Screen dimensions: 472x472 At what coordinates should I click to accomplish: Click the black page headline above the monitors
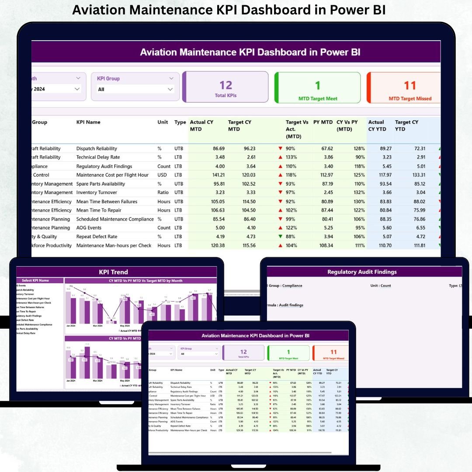click(229, 10)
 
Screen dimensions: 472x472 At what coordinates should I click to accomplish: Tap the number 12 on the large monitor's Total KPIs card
click(226, 85)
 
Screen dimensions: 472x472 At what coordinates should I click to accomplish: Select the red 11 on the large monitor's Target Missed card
click(410, 85)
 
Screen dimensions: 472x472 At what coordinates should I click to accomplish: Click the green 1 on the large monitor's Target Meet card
click(318, 85)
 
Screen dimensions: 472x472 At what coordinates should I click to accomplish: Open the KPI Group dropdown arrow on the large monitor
click(170, 89)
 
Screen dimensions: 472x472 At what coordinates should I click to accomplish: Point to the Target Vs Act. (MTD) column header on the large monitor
click(297, 129)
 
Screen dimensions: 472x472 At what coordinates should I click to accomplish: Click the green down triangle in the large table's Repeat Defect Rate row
click(280, 236)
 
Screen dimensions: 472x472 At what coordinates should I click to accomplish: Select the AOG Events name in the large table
click(89, 228)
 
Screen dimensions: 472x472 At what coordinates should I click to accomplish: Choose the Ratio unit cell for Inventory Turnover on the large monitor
click(163, 192)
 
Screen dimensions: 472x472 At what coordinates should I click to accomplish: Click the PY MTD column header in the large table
click(323, 122)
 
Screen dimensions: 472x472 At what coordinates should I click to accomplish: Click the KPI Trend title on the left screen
click(114, 272)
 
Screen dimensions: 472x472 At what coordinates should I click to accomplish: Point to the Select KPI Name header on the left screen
click(35, 281)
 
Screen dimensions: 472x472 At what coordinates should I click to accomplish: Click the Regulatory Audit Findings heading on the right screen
click(362, 272)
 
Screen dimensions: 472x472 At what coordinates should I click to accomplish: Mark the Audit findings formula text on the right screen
click(291, 305)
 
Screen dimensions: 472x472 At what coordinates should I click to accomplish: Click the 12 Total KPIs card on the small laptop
click(243, 353)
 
